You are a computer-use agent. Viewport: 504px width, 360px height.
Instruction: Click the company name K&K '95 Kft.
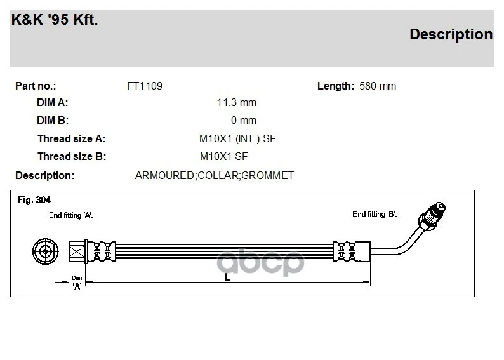(55, 20)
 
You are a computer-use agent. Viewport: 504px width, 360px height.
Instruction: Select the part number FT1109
(145, 86)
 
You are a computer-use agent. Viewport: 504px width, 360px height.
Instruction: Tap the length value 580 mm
(378, 86)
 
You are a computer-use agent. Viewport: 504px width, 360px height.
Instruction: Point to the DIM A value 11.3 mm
(237, 102)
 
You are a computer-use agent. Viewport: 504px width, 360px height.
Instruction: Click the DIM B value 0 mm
(244, 120)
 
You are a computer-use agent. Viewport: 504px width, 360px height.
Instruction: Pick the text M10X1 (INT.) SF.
(239, 138)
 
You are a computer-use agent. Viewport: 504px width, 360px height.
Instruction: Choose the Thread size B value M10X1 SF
(223, 157)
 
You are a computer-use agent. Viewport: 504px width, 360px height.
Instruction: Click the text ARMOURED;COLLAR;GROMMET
(215, 175)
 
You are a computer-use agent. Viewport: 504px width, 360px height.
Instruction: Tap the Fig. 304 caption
(34, 200)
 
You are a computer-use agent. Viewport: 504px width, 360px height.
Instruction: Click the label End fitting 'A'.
(71, 215)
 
